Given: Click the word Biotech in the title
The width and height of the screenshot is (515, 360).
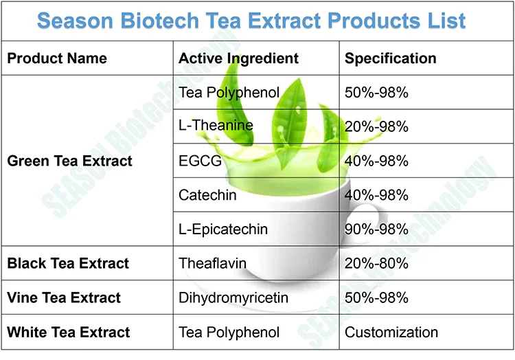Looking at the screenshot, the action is [159, 21].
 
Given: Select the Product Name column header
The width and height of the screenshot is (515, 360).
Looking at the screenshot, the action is [57, 58].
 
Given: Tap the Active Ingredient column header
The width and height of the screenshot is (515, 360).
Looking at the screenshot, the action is [238, 58].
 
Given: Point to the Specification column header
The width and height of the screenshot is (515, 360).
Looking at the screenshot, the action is [391, 58].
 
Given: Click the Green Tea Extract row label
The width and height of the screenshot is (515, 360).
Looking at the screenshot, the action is [69, 161].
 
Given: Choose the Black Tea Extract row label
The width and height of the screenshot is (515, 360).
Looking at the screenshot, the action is [68, 263].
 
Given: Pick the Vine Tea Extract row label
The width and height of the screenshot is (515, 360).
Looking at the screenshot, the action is [64, 297].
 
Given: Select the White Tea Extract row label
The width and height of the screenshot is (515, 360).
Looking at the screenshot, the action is [68, 332].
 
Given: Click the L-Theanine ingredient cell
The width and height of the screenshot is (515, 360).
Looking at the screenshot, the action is [216, 126].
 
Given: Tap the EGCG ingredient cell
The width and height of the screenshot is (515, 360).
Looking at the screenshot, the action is [200, 161].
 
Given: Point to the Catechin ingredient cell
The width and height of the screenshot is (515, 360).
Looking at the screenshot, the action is [207, 195].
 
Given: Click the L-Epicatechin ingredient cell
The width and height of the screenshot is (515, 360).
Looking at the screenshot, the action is [223, 229].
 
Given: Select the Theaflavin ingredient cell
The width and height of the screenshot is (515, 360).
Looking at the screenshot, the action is [212, 263].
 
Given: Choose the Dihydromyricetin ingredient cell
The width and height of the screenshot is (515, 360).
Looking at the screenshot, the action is [233, 298].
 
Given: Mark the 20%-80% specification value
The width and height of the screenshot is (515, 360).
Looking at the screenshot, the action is [376, 263].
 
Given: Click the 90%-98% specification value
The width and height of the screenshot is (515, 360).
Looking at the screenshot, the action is [376, 229].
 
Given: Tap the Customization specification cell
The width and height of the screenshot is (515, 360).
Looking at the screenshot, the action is [391, 332].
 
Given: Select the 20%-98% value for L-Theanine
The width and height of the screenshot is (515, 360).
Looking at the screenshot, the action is [376, 127].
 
